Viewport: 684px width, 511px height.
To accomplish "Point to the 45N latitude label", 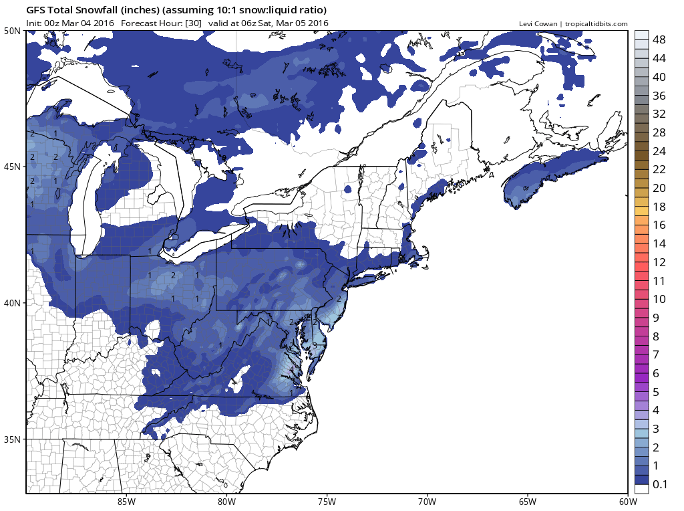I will (x=12, y=166).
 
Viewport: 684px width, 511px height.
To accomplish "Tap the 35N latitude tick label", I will (x=12, y=439).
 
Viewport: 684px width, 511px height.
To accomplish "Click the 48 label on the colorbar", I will (x=659, y=39).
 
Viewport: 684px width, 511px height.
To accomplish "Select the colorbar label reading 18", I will (x=659, y=206).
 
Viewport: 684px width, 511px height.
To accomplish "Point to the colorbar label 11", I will (x=659, y=280).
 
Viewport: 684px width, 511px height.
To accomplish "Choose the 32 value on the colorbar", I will (x=659, y=114).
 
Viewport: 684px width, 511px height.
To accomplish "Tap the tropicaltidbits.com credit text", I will (x=596, y=24).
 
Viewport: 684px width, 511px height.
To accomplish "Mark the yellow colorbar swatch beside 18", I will (x=641, y=206).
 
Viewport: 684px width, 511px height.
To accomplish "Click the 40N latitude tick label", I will (x=12, y=302).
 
